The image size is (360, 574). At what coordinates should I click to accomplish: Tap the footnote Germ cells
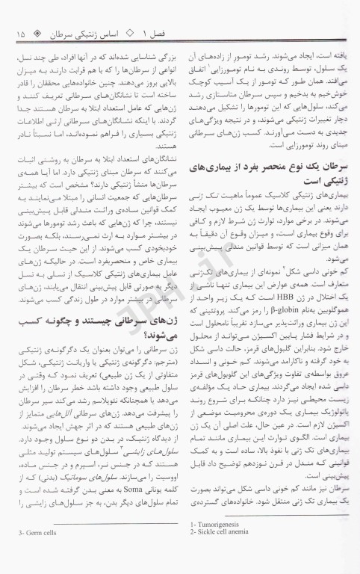point(27,552)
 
